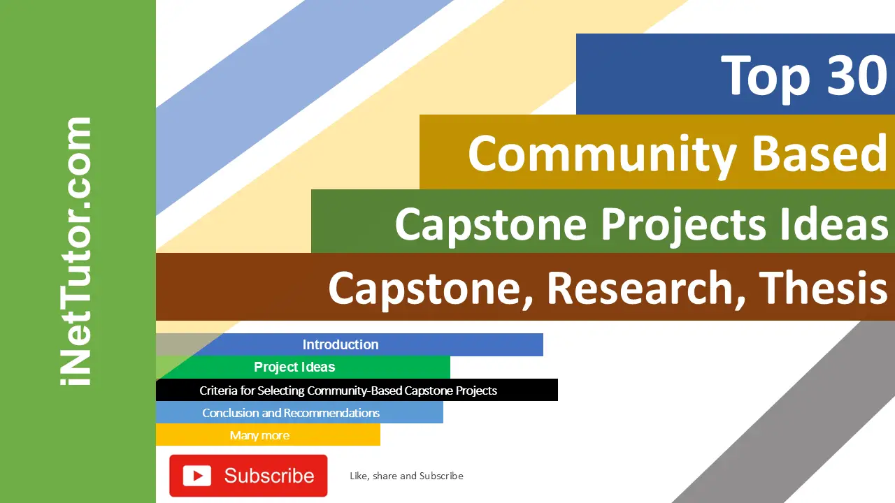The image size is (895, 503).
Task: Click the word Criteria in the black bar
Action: [x=219, y=390]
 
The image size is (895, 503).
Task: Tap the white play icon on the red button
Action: [x=197, y=476]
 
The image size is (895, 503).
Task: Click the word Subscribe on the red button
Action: [x=269, y=476]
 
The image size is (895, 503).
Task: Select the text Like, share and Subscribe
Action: [x=406, y=476]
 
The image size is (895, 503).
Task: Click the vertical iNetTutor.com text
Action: [x=77, y=251]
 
